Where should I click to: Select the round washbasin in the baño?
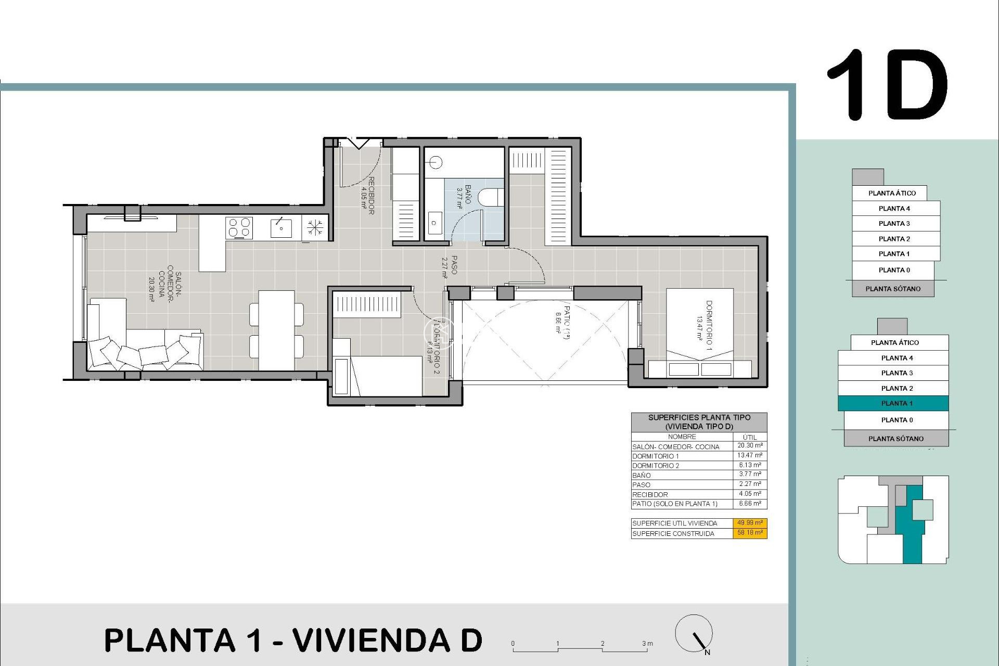[436, 163]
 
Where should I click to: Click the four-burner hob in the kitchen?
[239, 228]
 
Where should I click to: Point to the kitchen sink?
[281, 228]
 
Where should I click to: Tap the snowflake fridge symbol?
[314, 227]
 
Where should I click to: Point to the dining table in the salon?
[276, 330]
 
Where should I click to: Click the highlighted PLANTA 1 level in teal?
[893, 403]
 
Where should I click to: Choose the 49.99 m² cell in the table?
[750, 523]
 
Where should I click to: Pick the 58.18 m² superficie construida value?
[750, 533]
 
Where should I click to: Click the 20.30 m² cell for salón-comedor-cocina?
[750, 446]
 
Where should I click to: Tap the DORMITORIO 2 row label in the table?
[656, 466]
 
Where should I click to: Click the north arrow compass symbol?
[694, 634]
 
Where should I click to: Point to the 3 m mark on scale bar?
[647, 644]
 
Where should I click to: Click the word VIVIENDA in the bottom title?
[371, 641]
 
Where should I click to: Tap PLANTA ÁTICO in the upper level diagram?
[892, 193]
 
